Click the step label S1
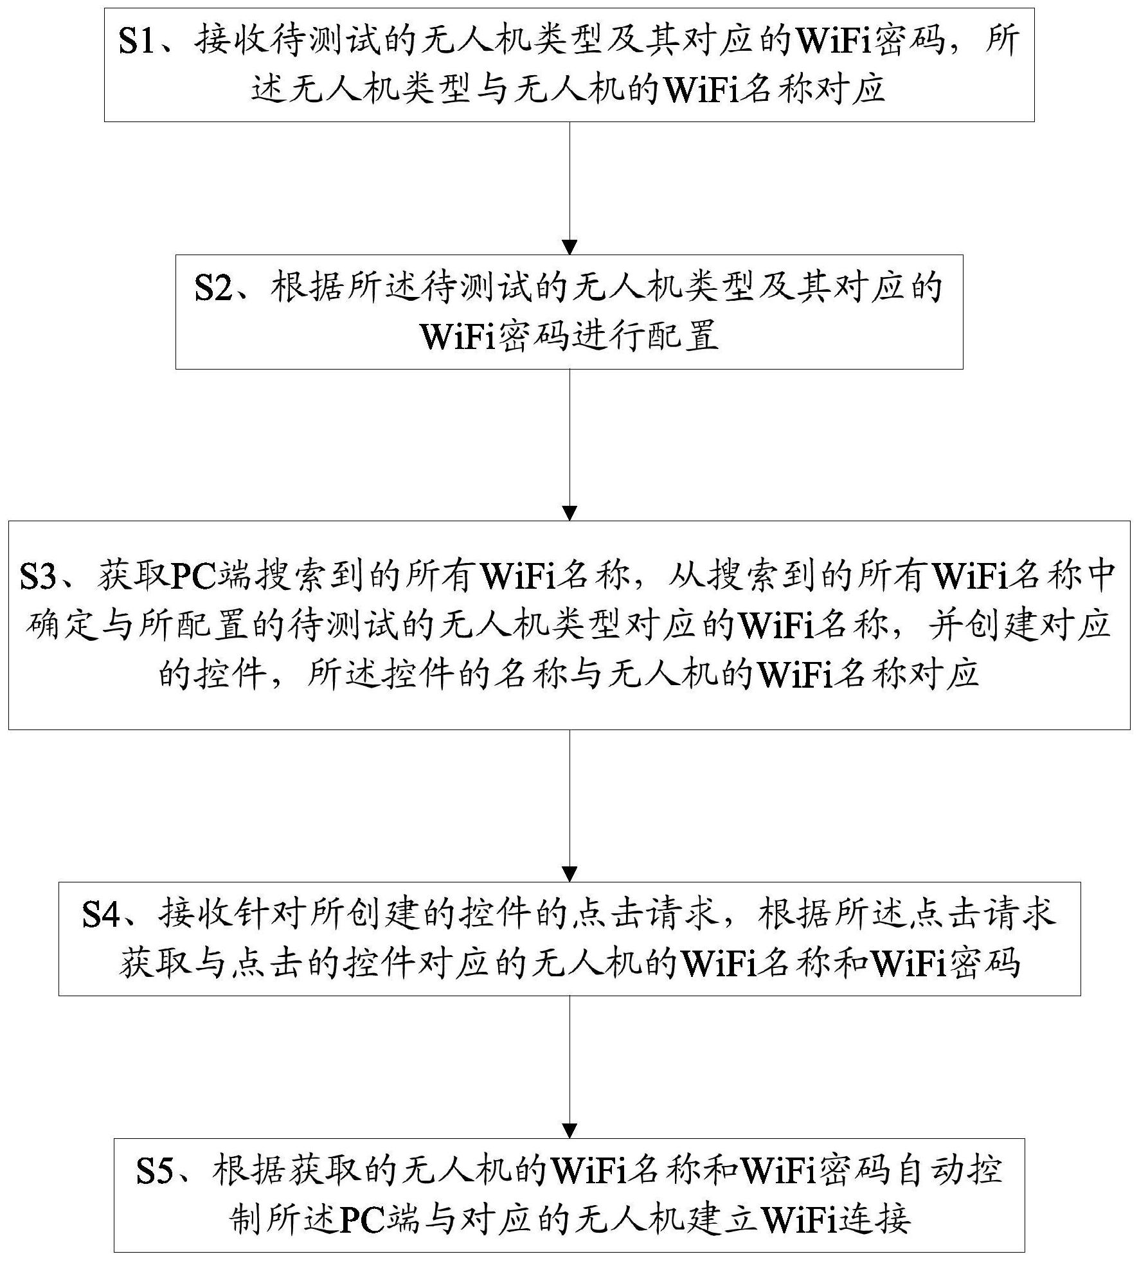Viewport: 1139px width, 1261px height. click(138, 41)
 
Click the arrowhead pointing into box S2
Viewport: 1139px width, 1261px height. click(569, 247)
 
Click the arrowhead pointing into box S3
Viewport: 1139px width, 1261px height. click(569, 513)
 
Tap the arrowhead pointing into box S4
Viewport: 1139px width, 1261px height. click(569, 874)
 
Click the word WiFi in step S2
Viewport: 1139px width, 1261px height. click(458, 337)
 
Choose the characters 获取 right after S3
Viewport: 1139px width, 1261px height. click(134, 577)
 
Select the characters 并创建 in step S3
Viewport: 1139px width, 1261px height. click(984, 625)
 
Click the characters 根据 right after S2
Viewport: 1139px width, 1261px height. click(307, 288)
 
